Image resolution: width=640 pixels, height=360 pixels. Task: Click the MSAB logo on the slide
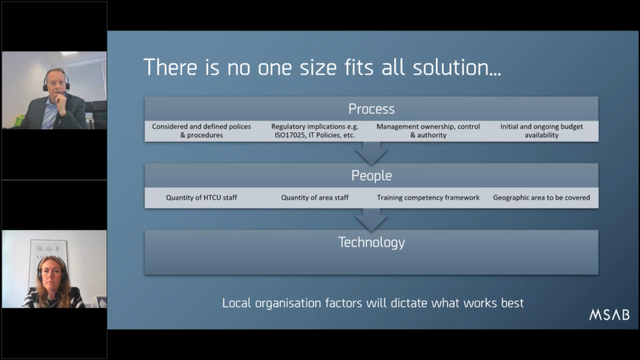(x=609, y=315)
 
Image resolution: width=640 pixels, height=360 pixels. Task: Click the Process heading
(x=371, y=109)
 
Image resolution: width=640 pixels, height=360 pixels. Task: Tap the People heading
(x=371, y=176)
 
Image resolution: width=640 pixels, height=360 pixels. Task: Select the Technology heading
(x=371, y=242)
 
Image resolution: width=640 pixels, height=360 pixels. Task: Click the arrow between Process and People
(x=371, y=153)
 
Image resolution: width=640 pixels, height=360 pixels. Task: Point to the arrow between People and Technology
(x=371, y=220)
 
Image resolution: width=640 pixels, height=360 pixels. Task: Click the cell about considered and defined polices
(x=202, y=131)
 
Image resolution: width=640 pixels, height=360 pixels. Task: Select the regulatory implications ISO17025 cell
(x=315, y=131)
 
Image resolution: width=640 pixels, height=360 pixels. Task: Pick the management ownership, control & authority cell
(x=428, y=131)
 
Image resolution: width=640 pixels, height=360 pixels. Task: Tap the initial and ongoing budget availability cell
(x=542, y=131)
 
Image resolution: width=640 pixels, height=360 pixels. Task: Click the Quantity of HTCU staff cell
(x=202, y=197)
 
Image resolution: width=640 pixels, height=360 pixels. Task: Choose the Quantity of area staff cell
(x=315, y=197)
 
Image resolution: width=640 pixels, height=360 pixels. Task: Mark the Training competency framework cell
(x=428, y=197)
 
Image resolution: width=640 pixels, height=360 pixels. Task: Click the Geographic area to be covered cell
(x=542, y=197)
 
